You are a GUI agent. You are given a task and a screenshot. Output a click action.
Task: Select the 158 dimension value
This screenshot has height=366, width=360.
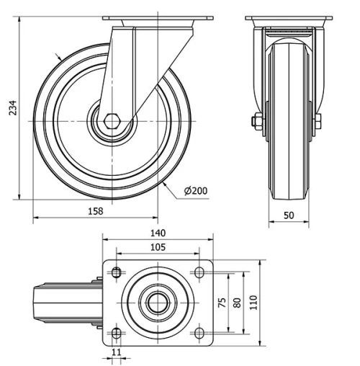click(x=95, y=210)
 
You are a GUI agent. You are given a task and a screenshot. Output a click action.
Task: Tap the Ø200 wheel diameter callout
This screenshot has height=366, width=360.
click(x=195, y=191)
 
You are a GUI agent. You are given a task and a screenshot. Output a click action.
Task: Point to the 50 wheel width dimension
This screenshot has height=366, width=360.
click(x=289, y=215)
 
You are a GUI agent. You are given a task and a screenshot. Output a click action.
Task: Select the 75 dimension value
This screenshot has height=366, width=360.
click(x=221, y=302)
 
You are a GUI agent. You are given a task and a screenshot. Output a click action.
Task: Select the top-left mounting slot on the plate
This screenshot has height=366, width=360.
click(x=115, y=272)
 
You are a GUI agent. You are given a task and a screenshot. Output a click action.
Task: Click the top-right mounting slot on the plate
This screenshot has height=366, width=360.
click(x=199, y=272)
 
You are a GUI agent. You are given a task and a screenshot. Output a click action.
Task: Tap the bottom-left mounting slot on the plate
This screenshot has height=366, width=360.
click(x=115, y=332)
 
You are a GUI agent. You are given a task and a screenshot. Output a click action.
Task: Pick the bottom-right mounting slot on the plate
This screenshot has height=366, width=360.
click(x=199, y=332)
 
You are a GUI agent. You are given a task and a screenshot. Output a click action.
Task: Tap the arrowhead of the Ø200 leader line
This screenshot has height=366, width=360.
click(x=167, y=184)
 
